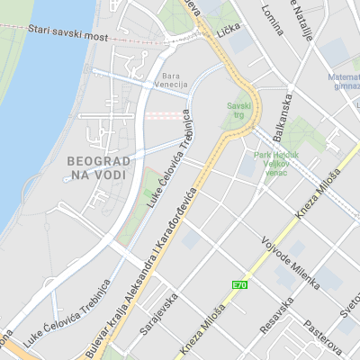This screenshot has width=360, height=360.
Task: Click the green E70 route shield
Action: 239,285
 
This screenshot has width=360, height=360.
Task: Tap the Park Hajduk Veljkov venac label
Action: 276,162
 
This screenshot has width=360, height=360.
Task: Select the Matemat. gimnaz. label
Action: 343,81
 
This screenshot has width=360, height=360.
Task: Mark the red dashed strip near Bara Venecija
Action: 162,115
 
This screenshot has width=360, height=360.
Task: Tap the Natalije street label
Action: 305,20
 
